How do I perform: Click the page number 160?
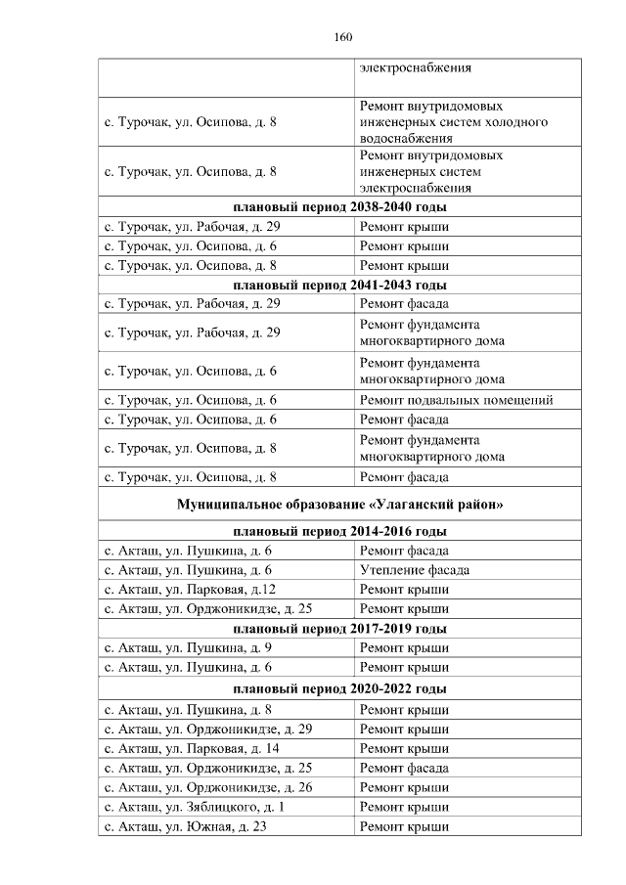(341, 37)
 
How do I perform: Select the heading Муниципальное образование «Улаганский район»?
(340, 505)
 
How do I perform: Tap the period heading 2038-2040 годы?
(340, 207)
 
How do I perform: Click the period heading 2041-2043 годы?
(340, 286)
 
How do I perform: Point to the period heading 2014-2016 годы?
(340, 532)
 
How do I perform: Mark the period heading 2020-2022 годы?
(340, 688)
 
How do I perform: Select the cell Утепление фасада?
(415, 570)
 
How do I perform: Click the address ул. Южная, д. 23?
(186, 827)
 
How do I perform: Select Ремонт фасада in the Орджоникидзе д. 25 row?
(404, 768)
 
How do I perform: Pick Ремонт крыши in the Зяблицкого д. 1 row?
(404, 808)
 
